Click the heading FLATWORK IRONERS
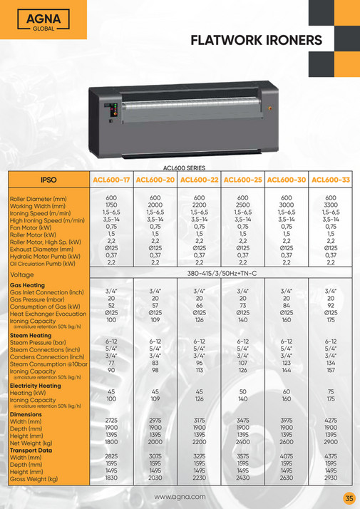point(257,41)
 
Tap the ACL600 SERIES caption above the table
point(185,167)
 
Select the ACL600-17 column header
point(111,180)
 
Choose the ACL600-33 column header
point(331,180)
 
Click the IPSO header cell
point(49,180)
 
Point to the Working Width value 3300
point(331,205)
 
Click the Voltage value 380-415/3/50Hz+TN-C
point(222,274)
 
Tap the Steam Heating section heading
point(30,335)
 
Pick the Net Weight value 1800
point(111,442)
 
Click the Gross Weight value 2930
point(331,478)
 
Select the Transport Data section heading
point(31,450)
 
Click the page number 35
point(349,498)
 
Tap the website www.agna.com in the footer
point(180,496)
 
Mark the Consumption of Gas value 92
point(331,305)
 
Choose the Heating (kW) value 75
point(331,391)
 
